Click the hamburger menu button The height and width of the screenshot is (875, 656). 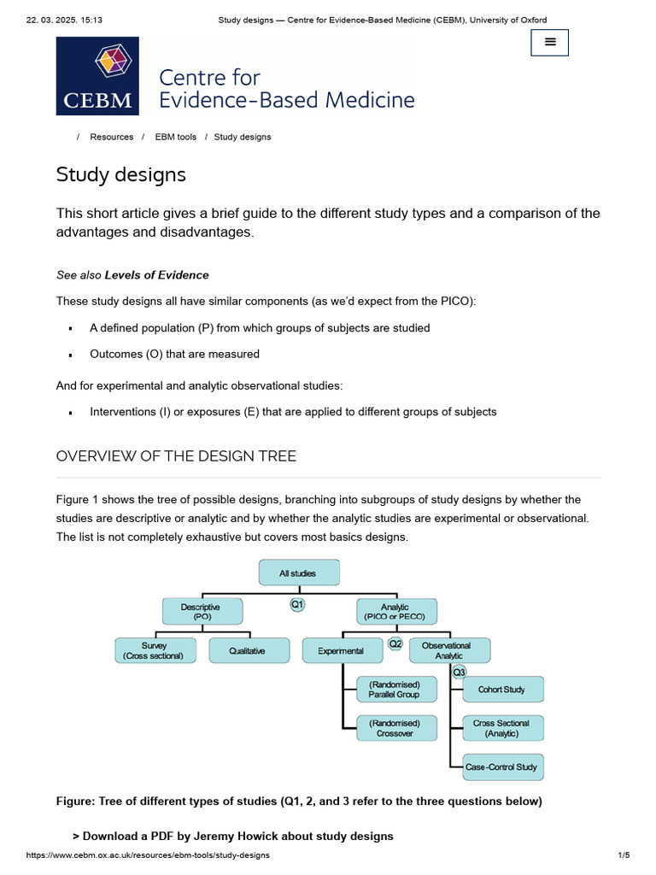coord(549,41)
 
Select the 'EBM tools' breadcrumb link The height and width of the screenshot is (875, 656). coord(175,137)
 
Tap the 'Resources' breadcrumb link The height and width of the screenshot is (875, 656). coord(112,137)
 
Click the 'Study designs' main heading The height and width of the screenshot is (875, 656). coord(120,175)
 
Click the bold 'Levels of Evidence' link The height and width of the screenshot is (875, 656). coord(156,275)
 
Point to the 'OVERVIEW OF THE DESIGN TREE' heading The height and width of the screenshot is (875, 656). coord(176,456)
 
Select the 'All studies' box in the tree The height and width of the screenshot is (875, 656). coord(298,573)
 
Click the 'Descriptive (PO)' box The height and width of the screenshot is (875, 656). coord(202,611)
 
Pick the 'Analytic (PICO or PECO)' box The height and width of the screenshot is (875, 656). coord(395,612)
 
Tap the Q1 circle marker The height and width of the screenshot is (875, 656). coord(297,604)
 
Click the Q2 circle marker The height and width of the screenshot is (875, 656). coord(395,643)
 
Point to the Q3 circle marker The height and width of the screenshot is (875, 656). coord(459,672)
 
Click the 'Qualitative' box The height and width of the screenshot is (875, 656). coord(248,650)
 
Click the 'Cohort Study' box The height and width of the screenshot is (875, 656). coord(501,690)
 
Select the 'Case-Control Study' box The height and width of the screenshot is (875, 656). coord(501,766)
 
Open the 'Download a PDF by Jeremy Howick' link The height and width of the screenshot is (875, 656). coord(237,836)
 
